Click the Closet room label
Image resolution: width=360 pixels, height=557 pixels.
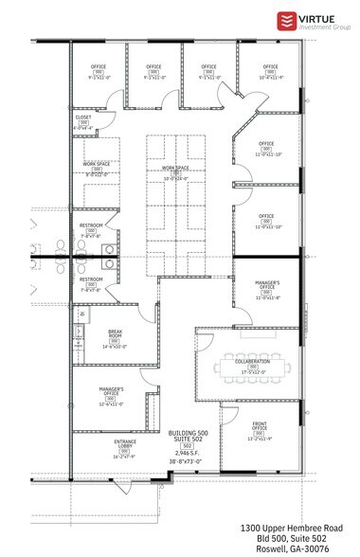pos(83,117)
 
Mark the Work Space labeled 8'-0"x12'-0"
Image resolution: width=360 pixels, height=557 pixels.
pos(97,165)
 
